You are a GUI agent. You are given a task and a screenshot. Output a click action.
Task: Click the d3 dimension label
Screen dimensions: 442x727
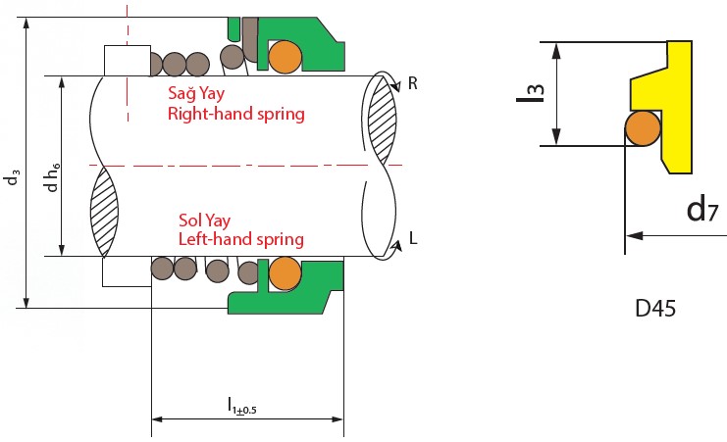click(x=12, y=176)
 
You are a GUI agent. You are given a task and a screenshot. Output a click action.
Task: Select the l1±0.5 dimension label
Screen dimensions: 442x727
click(x=242, y=405)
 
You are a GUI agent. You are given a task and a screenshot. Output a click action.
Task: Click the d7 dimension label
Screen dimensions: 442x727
click(x=699, y=208)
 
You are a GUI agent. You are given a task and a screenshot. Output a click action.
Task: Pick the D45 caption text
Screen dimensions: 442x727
click(x=653, y=309)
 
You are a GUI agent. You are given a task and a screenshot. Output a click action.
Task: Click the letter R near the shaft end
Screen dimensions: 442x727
click(x=413, y=84)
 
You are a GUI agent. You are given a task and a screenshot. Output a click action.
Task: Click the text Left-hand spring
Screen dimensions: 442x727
click(x=240, y=239)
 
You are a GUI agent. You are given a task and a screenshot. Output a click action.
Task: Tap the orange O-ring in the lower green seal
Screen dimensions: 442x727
click(x=286, y=272)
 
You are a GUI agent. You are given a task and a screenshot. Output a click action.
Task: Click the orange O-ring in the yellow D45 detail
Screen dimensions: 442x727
click(x=643, y=127)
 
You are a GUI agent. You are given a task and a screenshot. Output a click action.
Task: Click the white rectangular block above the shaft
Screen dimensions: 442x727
click(x=127, y=61)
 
